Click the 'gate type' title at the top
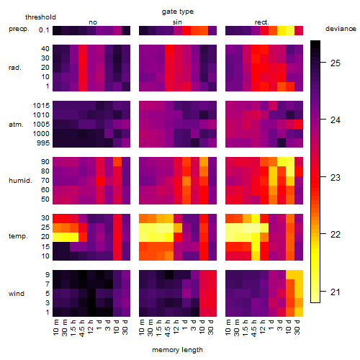pyautogui.click(x=178, y=12)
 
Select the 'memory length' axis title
pyautogui.click(x=177, y=350)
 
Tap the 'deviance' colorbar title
pyautogui.click(x=341, y=29)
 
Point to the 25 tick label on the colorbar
pyautogui.click(x=336, y=63)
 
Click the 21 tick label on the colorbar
pyautogui.click(x=336, y=292)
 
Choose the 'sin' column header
pyautogui.click(x=177, y=22)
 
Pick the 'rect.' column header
pyautogui.click(x=261, y=22)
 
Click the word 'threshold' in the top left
pyautogui.click(x=40, y=17)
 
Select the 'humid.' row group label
pyautogui.click(x=20, y=181)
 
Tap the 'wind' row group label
pyautogui.click(x=17, y=294)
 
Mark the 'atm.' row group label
pyautogui.click(x=16, y=125)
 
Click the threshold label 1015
pyautogui.click(x=41, y=106)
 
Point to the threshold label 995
pyautogui.click(x=43, y=143)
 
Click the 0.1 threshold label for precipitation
pyautogui.click(x=44, y=30)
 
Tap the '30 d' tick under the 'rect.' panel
pyautogui.click(x=297, y=328)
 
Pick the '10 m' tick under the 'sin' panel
pyautogui.click(x=142, y=328)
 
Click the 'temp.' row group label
pyautogui.click(x=18, y=236)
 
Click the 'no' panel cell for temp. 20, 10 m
pyautogui.click(x=57, y=237)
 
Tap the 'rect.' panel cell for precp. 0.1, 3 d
pyautogui.click(x=282, y=30)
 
